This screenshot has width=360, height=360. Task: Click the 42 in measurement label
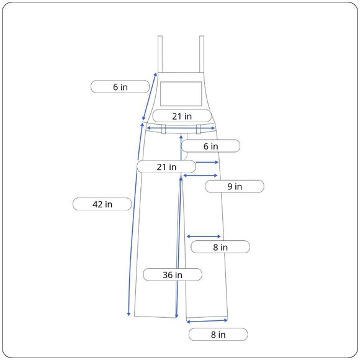[102, 204]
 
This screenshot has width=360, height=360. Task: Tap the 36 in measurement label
[173, 274]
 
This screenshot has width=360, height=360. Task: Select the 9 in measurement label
[235, 186]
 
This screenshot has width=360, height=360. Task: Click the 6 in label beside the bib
[120, 87]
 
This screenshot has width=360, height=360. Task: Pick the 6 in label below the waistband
[211, 146]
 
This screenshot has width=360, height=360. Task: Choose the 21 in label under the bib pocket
[182, 116]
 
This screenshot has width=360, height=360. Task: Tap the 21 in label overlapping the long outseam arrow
[166, 167]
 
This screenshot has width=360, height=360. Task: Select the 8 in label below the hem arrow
[218, 335]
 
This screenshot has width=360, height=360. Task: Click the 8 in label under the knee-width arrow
[220, 247]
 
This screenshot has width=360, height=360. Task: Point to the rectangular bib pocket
[181, 94]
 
